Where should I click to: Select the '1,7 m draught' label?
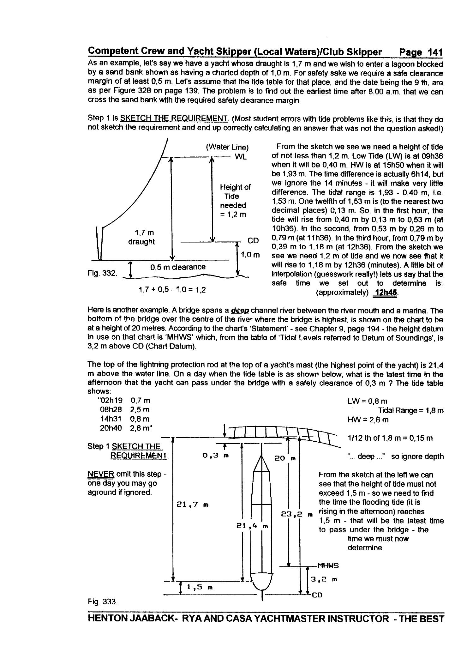[x=141, y=237]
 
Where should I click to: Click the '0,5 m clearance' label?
[x=178, y=267]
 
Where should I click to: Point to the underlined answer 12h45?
[x=385, y=293]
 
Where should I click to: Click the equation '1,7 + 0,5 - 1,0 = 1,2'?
[x=172, y=290]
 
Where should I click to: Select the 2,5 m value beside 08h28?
[x=140, y=410]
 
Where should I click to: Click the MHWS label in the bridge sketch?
[x=328, y=565]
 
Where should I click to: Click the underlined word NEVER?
[x=100, y=474]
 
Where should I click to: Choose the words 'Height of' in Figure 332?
[x=235, y=187]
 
